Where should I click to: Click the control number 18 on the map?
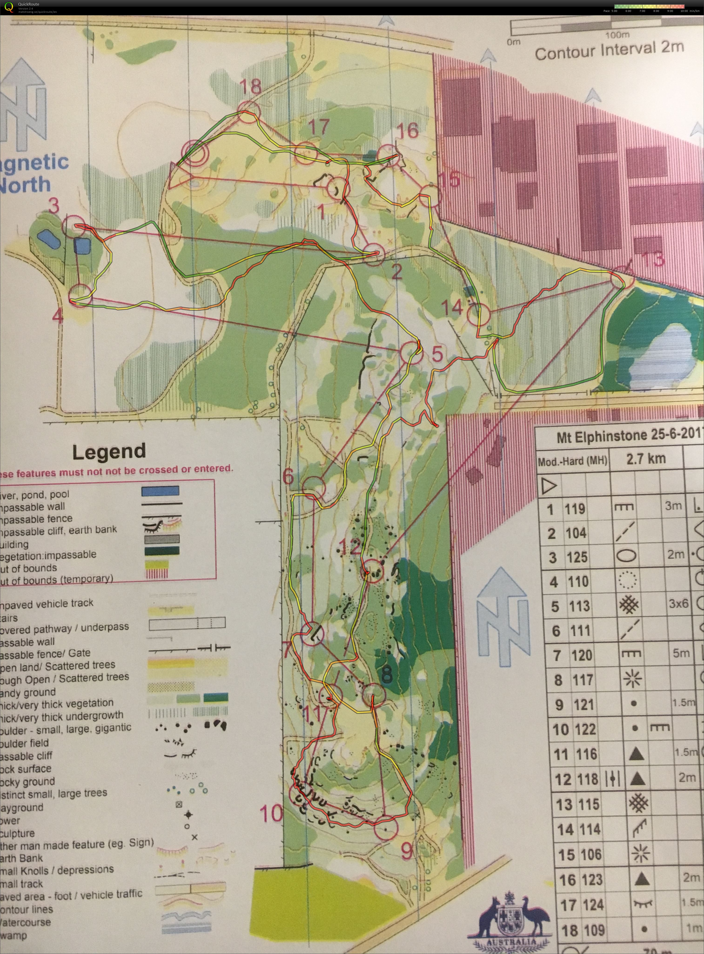tap(251, 87)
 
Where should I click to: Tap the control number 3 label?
tap(54, 206)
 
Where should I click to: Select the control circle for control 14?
tap(478, 315)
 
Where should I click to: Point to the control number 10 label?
tap(271, 813)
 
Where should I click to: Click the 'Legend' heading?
tap(109, 452)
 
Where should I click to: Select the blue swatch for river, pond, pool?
tap(160, 491)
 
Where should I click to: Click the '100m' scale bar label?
tap(617, 35)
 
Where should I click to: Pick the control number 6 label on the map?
tap(288, 477)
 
